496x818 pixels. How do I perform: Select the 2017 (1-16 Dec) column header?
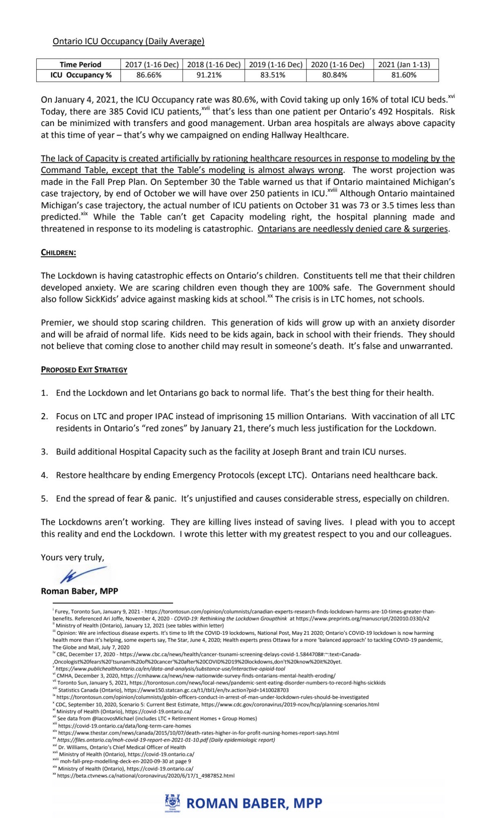[x=152, y=65]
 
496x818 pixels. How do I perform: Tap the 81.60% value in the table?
[x=404, y=75]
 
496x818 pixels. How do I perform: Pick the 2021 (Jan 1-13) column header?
[x=404, y=65]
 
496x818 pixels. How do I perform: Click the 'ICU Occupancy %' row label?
[x=80, y=75]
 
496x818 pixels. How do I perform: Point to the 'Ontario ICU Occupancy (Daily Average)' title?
[x=128, y=41]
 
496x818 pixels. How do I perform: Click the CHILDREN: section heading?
[x=58, y=252]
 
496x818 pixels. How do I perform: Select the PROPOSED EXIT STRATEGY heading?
[x=84, y=370]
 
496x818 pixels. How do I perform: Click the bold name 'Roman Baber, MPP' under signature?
[x=79, y=591]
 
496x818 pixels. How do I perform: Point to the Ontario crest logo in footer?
[x=172, y=803]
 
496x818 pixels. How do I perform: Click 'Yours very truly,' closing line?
[x=72, y=557]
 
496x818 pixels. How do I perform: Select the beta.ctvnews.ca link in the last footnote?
[x=145, y=775]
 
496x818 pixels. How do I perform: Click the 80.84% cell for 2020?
[x=335, y=75]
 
